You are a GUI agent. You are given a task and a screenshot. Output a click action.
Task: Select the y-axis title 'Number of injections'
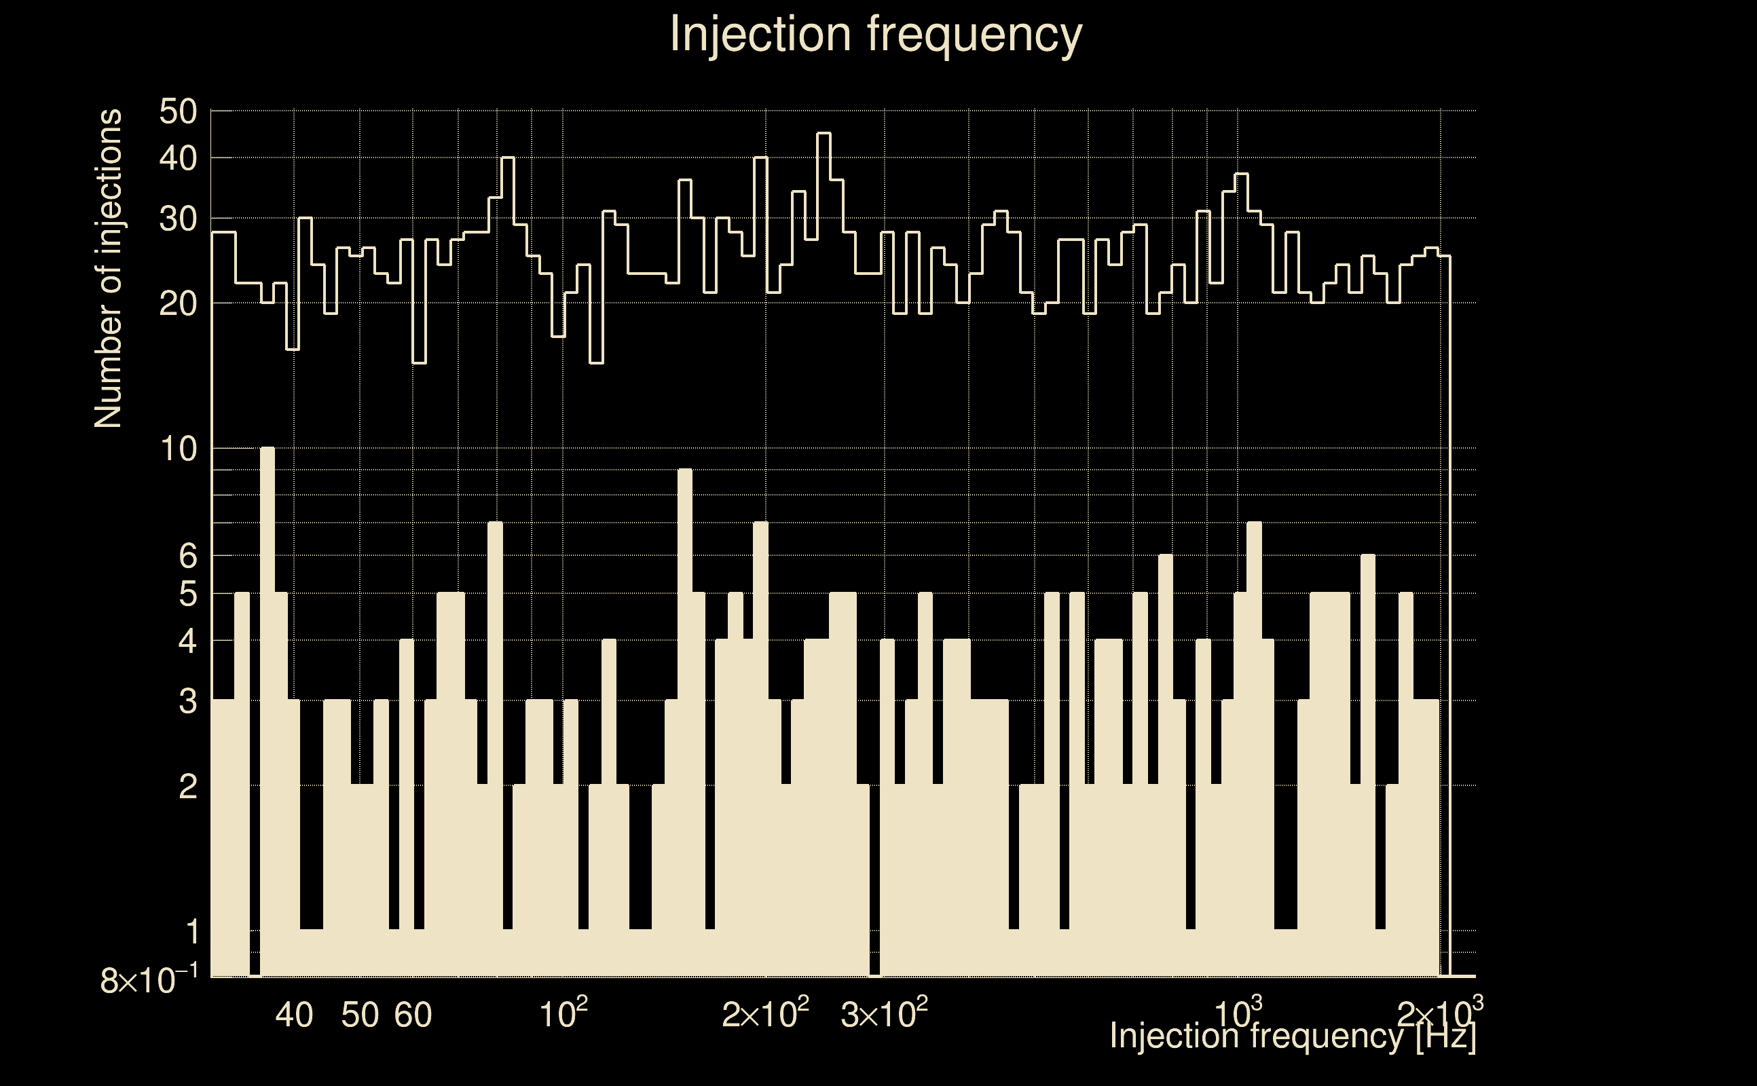pos(109,269)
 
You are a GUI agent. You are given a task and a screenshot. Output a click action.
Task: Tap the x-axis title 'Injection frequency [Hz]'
pos(1292,1036)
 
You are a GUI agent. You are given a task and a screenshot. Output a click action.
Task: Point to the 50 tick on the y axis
pos(177,112)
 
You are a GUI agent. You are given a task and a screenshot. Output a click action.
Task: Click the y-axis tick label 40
pos(177,159)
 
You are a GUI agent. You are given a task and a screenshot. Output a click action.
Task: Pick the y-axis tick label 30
pos(177,219)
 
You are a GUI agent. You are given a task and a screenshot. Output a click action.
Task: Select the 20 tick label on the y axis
pos(177,304)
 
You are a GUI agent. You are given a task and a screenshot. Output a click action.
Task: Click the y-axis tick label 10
pos(177,449)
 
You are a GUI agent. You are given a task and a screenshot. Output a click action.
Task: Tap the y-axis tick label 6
pos(187,555)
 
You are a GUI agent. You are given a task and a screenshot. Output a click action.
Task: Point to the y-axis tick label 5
pos(187,594)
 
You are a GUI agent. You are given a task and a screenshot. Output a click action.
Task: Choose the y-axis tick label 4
pos(187,641)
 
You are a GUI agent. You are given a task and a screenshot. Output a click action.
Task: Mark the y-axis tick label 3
pos(187,700)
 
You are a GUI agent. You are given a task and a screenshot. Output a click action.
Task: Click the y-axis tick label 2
pos(187,787)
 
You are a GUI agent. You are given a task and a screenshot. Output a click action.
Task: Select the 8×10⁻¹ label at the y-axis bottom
pos(149,979)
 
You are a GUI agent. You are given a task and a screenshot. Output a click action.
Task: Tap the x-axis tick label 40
pos(295,1015)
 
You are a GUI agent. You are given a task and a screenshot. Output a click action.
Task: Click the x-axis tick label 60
pos(413,1015)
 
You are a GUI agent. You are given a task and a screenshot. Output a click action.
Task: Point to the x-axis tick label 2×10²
pos(765,1013)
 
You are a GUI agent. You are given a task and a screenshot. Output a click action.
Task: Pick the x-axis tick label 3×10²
pos(883,1013)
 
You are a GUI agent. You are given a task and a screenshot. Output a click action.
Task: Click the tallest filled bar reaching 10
pos(267,711)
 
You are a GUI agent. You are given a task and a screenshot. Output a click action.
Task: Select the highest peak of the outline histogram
pos(824,134)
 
